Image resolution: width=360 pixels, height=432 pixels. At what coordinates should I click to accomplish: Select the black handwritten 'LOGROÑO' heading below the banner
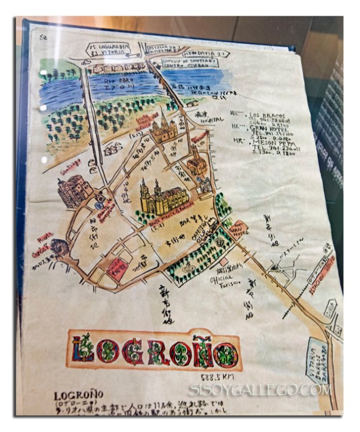(78, 396)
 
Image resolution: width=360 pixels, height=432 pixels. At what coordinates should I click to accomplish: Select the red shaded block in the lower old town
(119, 269)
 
